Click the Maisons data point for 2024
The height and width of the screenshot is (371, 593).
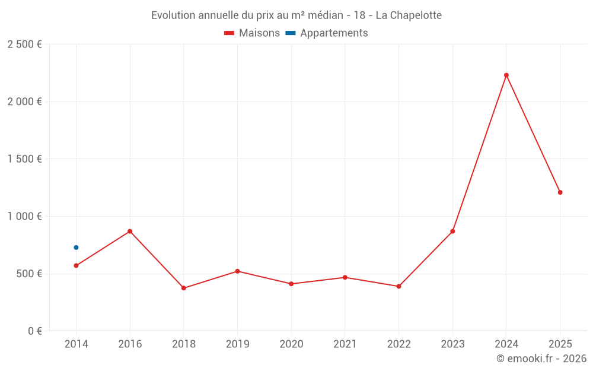tap(506, 75)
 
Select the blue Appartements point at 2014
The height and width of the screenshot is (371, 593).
tap(76, 248)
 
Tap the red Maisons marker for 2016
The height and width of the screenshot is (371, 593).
tap(130, 232)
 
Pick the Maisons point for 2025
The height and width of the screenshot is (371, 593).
tap(560, 192)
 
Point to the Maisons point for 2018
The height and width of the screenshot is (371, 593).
tap(184, 288)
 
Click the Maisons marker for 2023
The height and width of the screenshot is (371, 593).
tap(452, 232)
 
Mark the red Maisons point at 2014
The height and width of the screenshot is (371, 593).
tap(76, 265)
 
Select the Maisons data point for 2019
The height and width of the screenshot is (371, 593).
tap(237, 271)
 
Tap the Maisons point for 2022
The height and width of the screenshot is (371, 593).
tap(398, 286)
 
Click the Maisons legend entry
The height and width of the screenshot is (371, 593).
tap(252, 33)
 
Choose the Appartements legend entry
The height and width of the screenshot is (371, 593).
tap(327, 33)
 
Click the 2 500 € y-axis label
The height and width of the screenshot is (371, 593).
tap(24, 45)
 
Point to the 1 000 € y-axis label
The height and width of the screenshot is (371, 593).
tap(24, 217)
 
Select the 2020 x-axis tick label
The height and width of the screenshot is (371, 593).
tap(291, 344)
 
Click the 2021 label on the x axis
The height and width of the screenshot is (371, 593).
tap(345, 344)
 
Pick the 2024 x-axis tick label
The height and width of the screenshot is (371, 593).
tap(506, 344)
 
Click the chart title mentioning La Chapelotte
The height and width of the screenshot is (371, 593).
tap(296, 15)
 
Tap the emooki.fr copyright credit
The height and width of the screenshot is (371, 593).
tap(541, 359)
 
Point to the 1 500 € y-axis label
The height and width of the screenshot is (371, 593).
tap(24, 159)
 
